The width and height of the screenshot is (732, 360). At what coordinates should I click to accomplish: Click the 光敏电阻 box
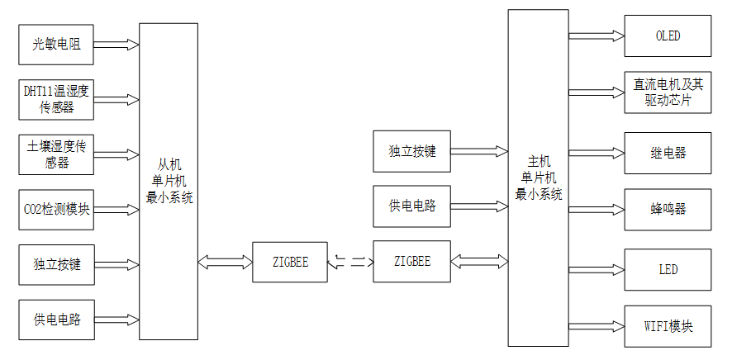coord(57,45)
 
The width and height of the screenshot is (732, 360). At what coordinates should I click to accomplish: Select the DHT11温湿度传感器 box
coord(57,99)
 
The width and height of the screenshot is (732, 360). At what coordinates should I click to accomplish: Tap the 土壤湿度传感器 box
coord(57,154)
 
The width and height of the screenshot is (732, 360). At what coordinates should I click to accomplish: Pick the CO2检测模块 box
coord(57,210)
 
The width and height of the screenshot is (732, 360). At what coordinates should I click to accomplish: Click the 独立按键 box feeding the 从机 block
coord(57,264)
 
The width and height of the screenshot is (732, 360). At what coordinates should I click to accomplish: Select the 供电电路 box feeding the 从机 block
coord(57,320)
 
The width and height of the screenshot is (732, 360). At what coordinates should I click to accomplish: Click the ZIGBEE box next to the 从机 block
coord(289,262)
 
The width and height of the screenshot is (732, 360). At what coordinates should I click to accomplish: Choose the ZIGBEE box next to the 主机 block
coord(411,262)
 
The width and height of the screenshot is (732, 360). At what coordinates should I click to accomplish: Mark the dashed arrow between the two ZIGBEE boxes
coord(350,263)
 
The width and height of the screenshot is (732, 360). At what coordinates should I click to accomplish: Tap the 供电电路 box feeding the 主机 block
coord(411,206)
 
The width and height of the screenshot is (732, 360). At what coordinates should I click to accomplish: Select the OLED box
coord(668,36)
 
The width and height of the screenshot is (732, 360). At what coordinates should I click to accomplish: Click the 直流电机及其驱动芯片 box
coord(668,92)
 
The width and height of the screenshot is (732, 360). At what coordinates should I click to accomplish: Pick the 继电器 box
coord(668,153)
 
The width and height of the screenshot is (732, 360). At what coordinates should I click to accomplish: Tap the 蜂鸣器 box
coord(668,209)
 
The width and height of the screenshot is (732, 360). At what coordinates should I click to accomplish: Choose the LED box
coord(668,269)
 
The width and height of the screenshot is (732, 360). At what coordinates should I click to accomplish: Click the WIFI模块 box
coord(668,325)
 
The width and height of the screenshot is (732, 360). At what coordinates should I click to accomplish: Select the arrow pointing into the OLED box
coord(596,36)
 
